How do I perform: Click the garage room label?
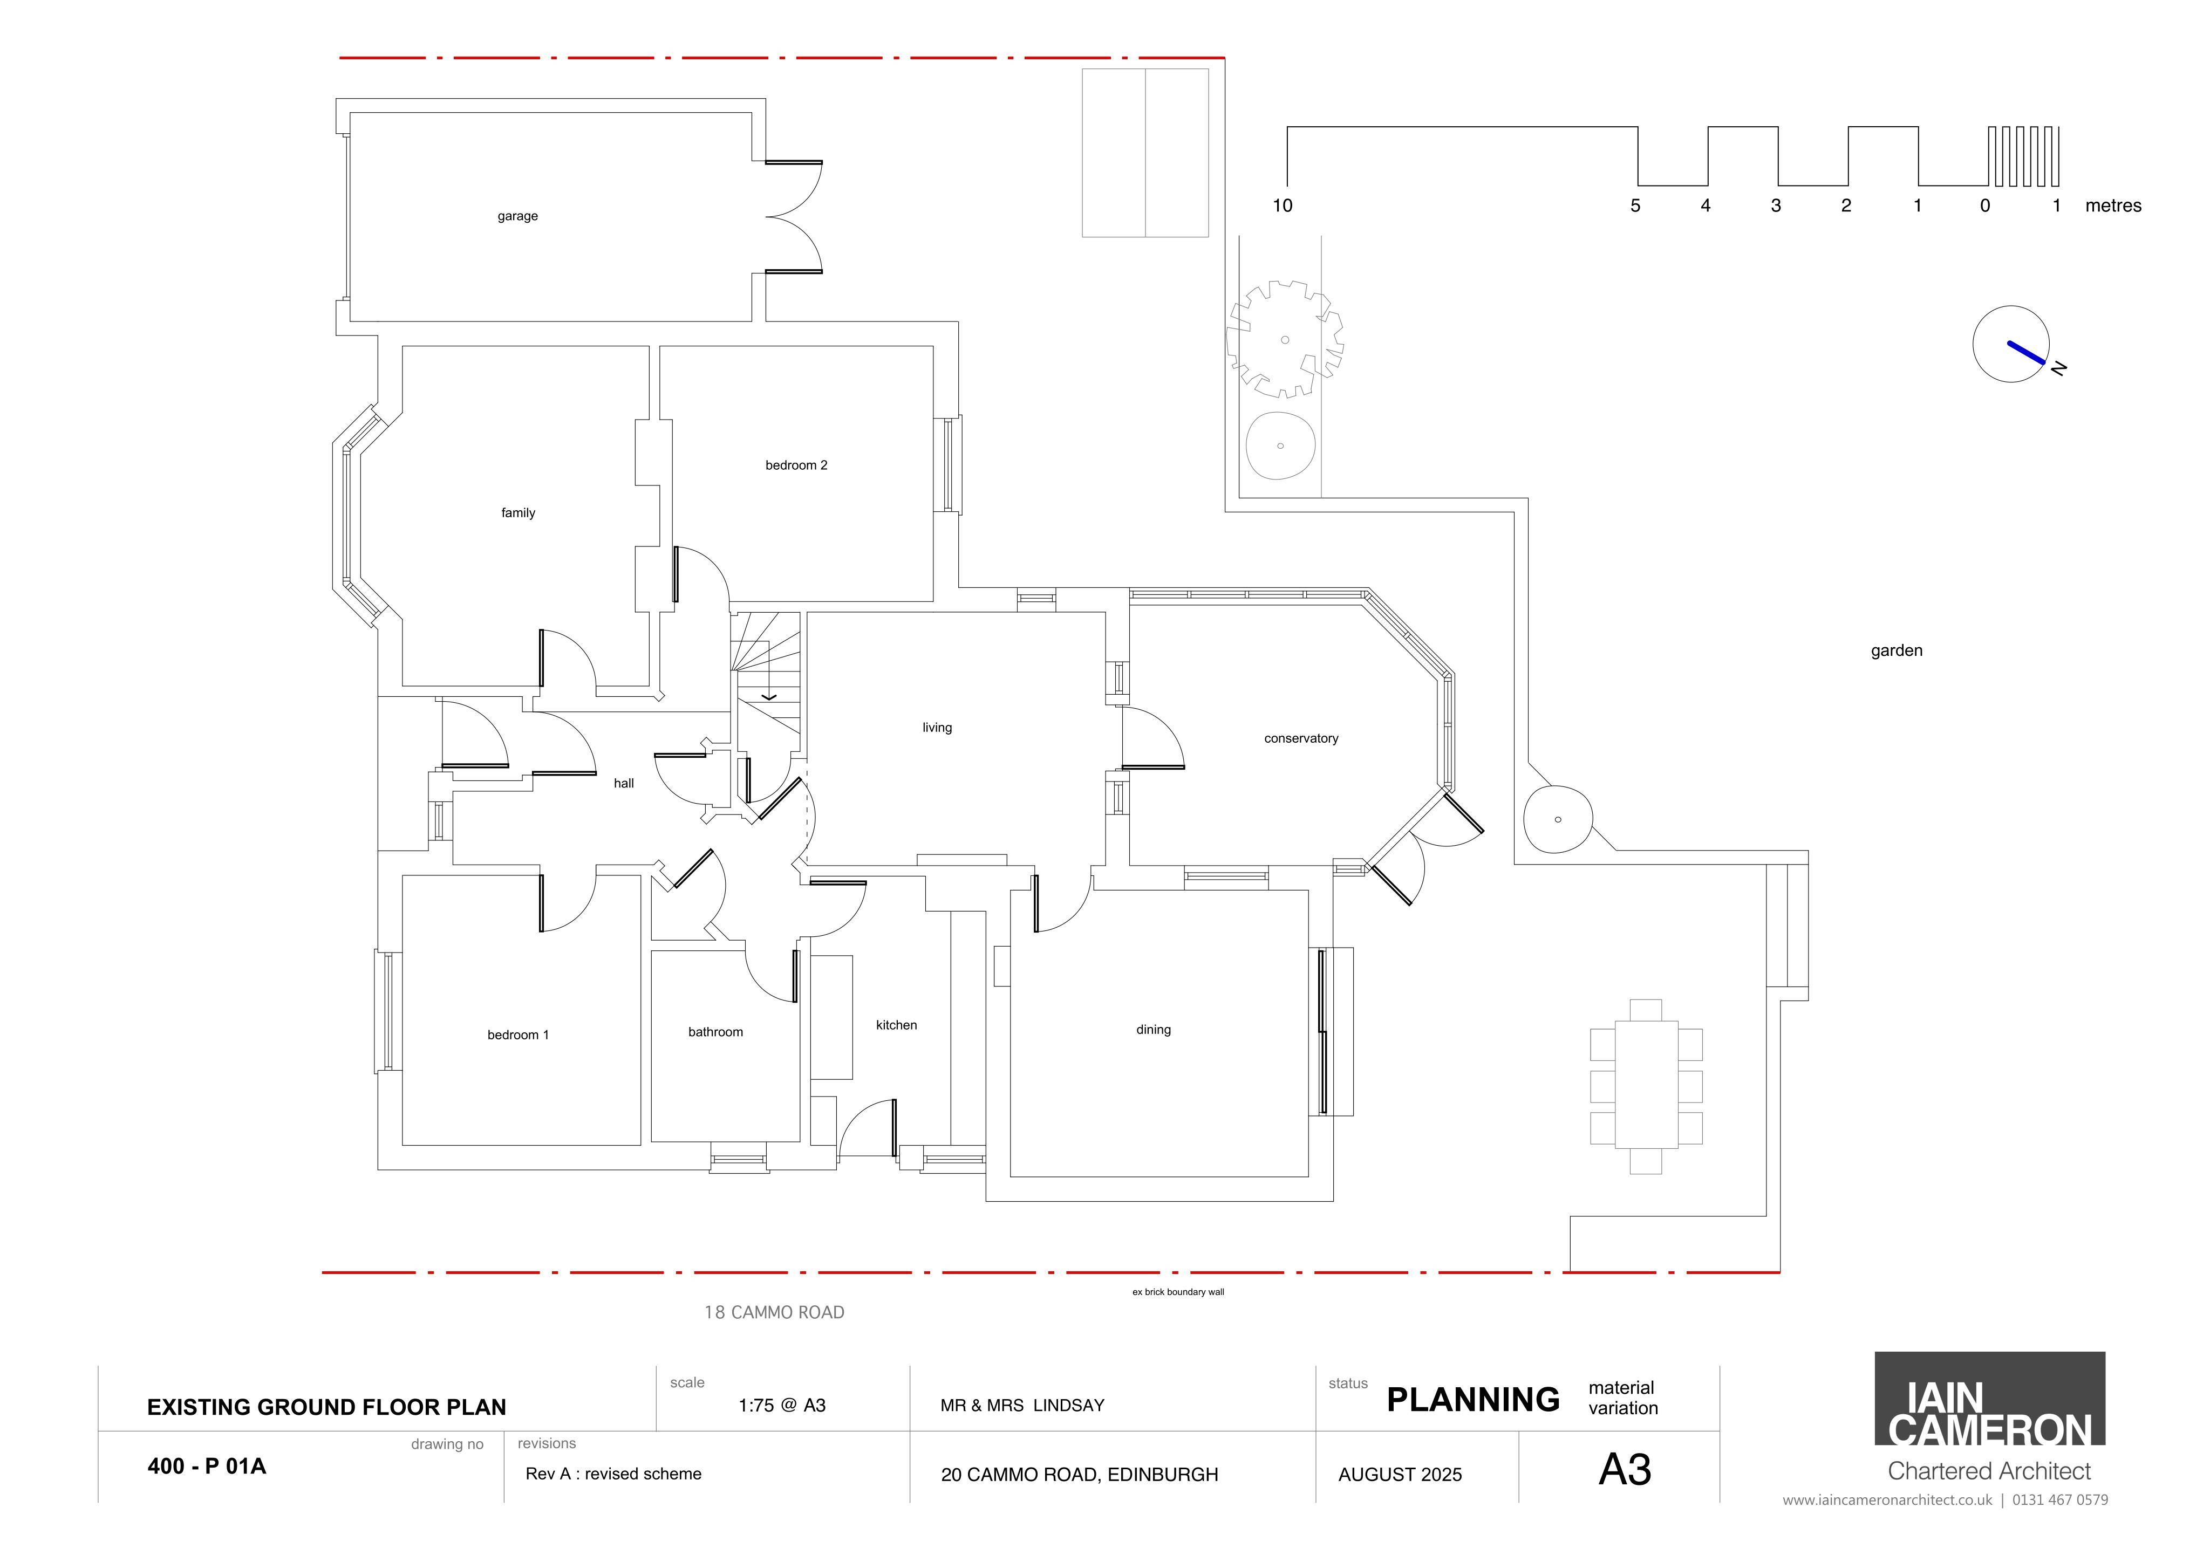click(x=518, y=216)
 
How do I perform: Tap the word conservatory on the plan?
click(x=1301, y=739)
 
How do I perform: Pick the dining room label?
click(x=1153, y=1030)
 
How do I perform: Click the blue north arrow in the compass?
click(x=2026, y=352)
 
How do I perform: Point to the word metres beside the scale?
click(x=2114, y=206)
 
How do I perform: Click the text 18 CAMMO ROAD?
click(x=775, y=1313)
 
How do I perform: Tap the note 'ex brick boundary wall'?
click(x=1178, y=1292)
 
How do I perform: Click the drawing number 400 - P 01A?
click(x=207, y=1467)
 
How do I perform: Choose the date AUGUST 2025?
click(x=1401, y=1475)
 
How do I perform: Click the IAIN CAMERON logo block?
click(x=1989, y=1399)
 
